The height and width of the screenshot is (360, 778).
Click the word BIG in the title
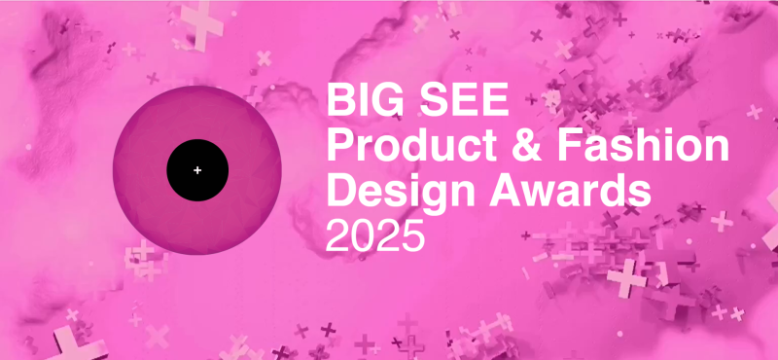(366, 99)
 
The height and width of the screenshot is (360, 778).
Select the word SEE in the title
(465, 99)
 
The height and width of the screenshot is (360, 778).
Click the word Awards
(570, 191)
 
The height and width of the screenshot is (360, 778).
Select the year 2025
(375, 235)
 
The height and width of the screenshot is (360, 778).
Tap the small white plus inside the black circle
(197, 170)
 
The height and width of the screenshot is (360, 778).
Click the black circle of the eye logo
(197, 170)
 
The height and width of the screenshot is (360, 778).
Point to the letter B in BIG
(341, 99)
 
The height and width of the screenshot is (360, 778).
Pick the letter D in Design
(342, 191)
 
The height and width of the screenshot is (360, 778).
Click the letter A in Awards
(504, 191)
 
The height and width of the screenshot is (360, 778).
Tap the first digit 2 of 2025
(337, 235)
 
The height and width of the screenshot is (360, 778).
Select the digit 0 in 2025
(363, 235)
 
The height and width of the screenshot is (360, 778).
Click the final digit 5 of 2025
(413, 236)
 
